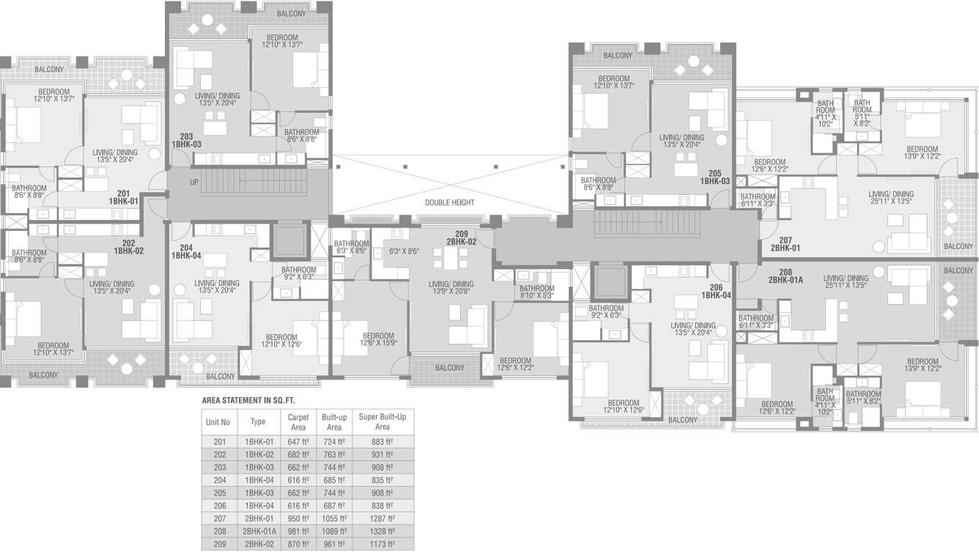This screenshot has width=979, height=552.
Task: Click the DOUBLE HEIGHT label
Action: [x=450, y=202]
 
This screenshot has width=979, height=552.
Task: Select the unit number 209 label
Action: [x=462, y=233]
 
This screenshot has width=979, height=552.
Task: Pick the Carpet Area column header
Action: [x=298, y=422]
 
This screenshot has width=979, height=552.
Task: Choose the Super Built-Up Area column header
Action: [x=382, y=422]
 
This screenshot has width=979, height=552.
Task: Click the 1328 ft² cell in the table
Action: [x=382, y=530]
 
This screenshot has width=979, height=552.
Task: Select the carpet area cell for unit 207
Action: [x=298, y=518]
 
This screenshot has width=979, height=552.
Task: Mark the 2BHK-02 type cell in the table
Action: [x=258, y=543]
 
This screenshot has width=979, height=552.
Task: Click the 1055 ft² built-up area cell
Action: [x=333, y=518]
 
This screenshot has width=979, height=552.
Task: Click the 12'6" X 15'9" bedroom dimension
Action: [x=377, y=342]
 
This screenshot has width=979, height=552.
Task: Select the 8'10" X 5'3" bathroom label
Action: [x=536, y=296]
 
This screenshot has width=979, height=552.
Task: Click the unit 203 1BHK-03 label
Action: [x=186, y=141]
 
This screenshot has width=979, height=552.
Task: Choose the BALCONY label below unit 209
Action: [x=449, y=367]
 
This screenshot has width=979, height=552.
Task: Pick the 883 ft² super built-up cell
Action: [x=382, y=442]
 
